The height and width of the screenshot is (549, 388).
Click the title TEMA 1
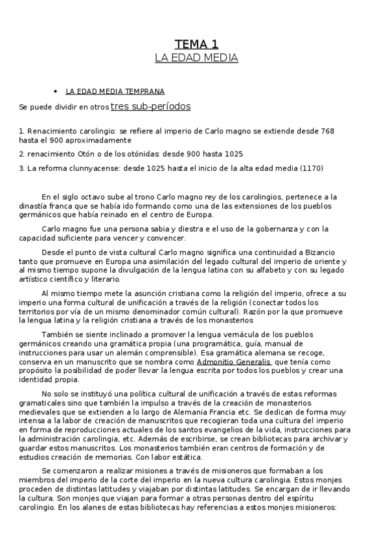(x=196, y=44)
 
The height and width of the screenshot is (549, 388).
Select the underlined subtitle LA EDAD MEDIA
(x=196, y=58)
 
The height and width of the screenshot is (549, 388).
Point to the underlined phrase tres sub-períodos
(x=150, y=106)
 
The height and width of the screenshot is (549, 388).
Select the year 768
(x=326, y=131)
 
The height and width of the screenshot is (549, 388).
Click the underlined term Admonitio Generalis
(x=234, y=362)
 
